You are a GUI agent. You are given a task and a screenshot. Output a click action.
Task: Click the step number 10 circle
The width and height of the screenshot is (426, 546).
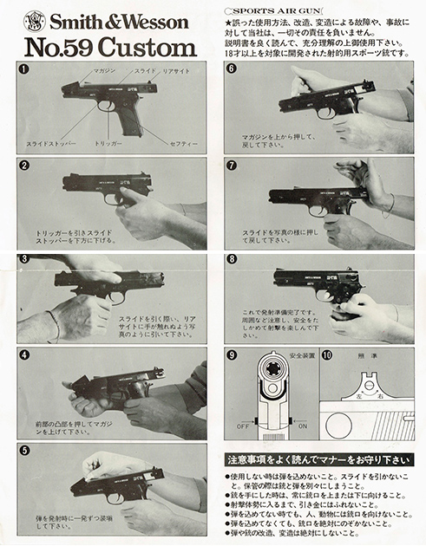(x=326, y=355)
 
